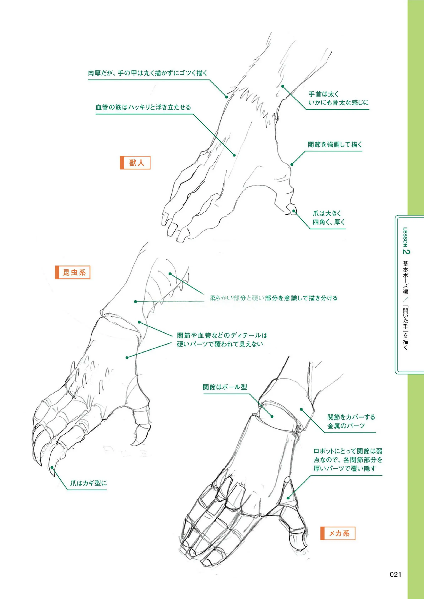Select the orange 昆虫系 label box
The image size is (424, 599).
(x=73, y=273)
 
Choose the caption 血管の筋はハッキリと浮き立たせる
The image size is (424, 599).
(x=143, y=107)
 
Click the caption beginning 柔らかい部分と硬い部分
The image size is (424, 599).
(x=273, y=298)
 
